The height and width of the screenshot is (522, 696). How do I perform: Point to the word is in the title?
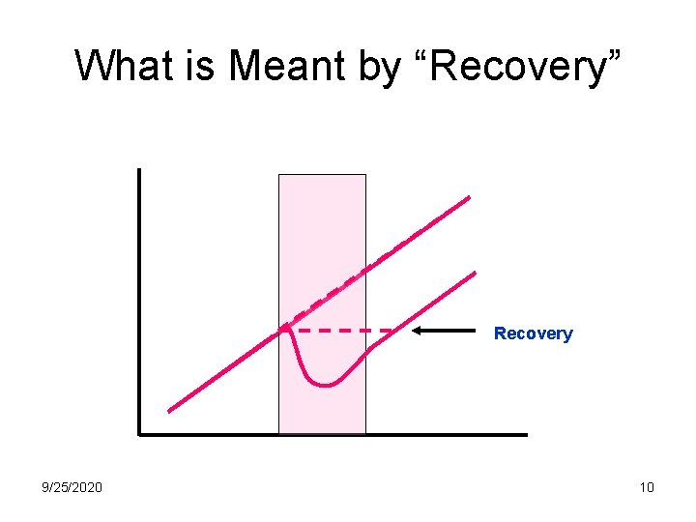[x=202, y=66]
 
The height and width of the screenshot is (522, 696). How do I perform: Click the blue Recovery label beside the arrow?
[x=533, y=333]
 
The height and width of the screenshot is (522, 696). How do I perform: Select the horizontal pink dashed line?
[x=343, y=331]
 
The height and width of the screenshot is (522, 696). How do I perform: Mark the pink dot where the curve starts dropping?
[x=285, y=330]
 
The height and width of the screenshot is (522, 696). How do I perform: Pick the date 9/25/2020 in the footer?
[x=72, y=487]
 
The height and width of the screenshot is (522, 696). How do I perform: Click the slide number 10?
[x=647, y=487]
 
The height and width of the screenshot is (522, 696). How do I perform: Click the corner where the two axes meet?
[x=139, y=434]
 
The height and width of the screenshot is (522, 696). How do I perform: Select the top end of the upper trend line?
[x=469, y=197]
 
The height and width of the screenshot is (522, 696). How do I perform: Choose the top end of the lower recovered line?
[x=476, y=272]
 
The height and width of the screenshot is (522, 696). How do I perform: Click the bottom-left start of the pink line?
[x=169, y=411]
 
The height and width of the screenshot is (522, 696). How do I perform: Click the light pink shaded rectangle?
[x=322, y=222]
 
